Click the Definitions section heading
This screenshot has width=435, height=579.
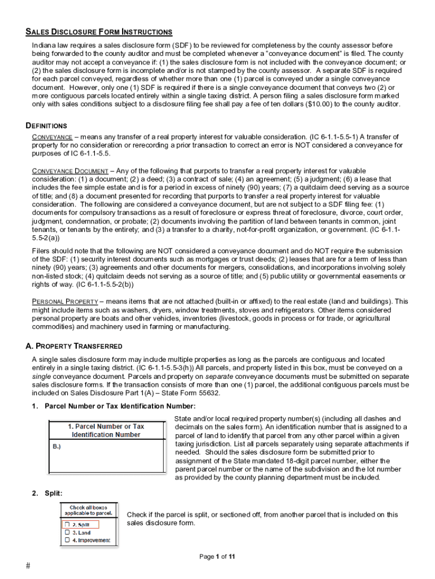point(46,126)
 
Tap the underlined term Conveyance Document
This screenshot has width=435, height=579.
point(69,171)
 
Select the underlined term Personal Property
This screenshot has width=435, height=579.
point(65,301)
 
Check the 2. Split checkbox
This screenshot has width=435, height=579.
point(67,525)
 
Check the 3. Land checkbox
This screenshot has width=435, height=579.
point(67,533)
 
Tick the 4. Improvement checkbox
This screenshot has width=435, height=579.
point(67,541)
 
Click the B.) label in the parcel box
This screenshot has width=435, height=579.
point(56,446)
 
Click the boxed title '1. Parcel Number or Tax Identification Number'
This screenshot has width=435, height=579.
point(106,430)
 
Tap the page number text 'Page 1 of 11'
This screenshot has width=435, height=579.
point(217,557)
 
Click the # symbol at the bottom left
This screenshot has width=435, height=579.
point(28,567)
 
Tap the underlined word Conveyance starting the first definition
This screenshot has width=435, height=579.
point(52,137)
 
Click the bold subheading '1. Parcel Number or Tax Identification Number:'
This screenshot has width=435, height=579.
point(120,406)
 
